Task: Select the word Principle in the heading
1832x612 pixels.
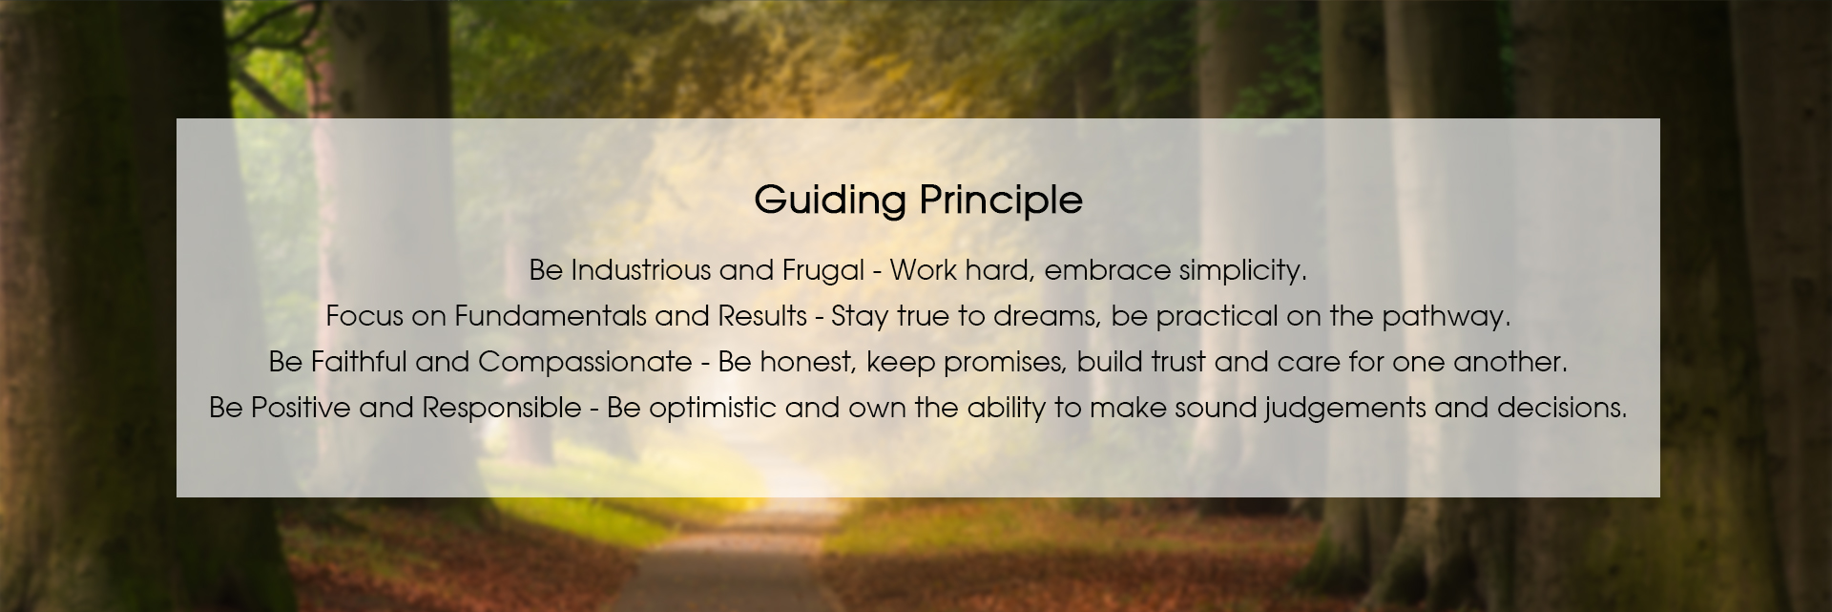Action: click(1001, 201)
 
